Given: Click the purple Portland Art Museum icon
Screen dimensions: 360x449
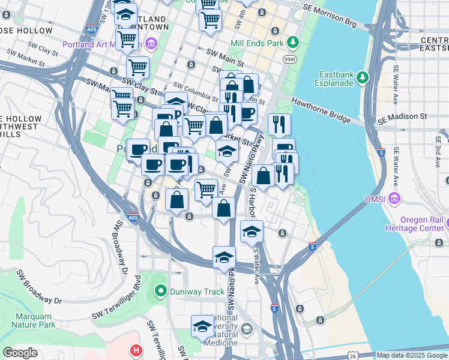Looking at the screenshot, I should click(151, 43).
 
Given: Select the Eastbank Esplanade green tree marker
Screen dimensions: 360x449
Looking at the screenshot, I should click(363, 77).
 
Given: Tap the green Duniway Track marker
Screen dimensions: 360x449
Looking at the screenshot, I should click(160, 293).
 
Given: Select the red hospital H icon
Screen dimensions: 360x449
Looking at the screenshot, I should click(137, 350).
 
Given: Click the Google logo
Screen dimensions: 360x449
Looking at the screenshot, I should click(20, 353).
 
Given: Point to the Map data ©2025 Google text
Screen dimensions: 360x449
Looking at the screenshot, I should click(411, 355).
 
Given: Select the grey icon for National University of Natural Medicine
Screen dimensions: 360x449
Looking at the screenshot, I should click(247, 330).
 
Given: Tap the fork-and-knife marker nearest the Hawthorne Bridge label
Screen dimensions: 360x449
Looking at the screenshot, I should click(279, 124).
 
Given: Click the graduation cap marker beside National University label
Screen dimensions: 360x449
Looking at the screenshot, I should click(203, 326).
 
